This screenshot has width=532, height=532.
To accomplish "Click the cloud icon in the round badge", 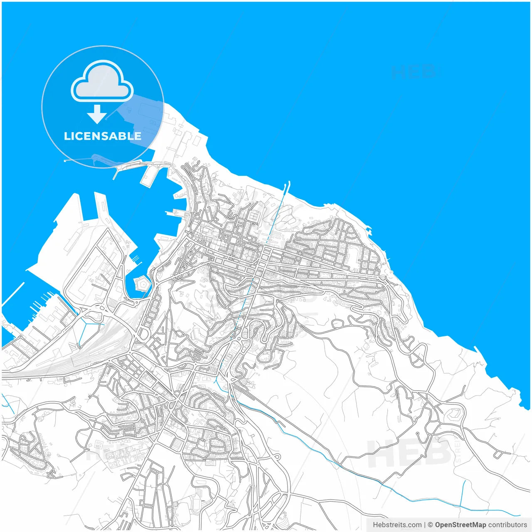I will (102, 81).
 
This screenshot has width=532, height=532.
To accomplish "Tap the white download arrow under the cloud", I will (97, 114).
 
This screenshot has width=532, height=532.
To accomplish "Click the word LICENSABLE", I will (102, 136).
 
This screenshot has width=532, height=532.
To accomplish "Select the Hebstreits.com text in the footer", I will (397, 525).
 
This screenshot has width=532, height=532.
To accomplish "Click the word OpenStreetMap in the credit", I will (460, 525).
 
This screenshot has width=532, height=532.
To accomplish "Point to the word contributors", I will (507, 525).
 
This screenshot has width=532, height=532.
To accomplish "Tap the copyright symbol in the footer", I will (431, 525).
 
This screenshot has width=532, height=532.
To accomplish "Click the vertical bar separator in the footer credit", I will (424, 525).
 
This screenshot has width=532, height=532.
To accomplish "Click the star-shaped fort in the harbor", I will (142, 284).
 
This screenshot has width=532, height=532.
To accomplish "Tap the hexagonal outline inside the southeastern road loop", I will (455, 414).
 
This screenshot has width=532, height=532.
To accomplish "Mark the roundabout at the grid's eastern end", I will (383, 278).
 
